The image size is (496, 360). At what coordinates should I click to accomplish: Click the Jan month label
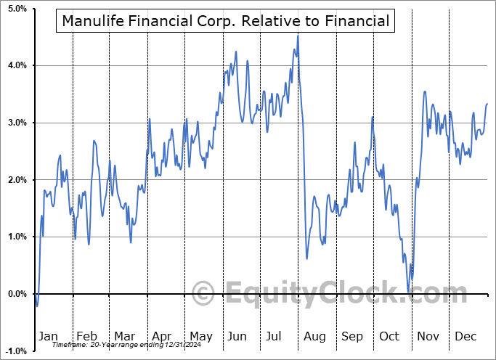tap(48, 336)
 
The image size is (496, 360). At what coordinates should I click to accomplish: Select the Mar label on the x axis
tap(124, 336)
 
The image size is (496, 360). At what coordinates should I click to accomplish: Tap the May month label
tap(200, 336)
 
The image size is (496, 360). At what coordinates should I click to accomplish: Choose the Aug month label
tap(314, 336)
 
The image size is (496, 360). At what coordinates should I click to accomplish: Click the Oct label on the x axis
tap(390, 336)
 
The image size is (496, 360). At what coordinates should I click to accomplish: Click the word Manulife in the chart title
tap(93, 21)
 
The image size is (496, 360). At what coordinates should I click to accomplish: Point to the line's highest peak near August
tap(298, 36)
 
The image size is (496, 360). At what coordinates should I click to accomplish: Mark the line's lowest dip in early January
tap(37, 306)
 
